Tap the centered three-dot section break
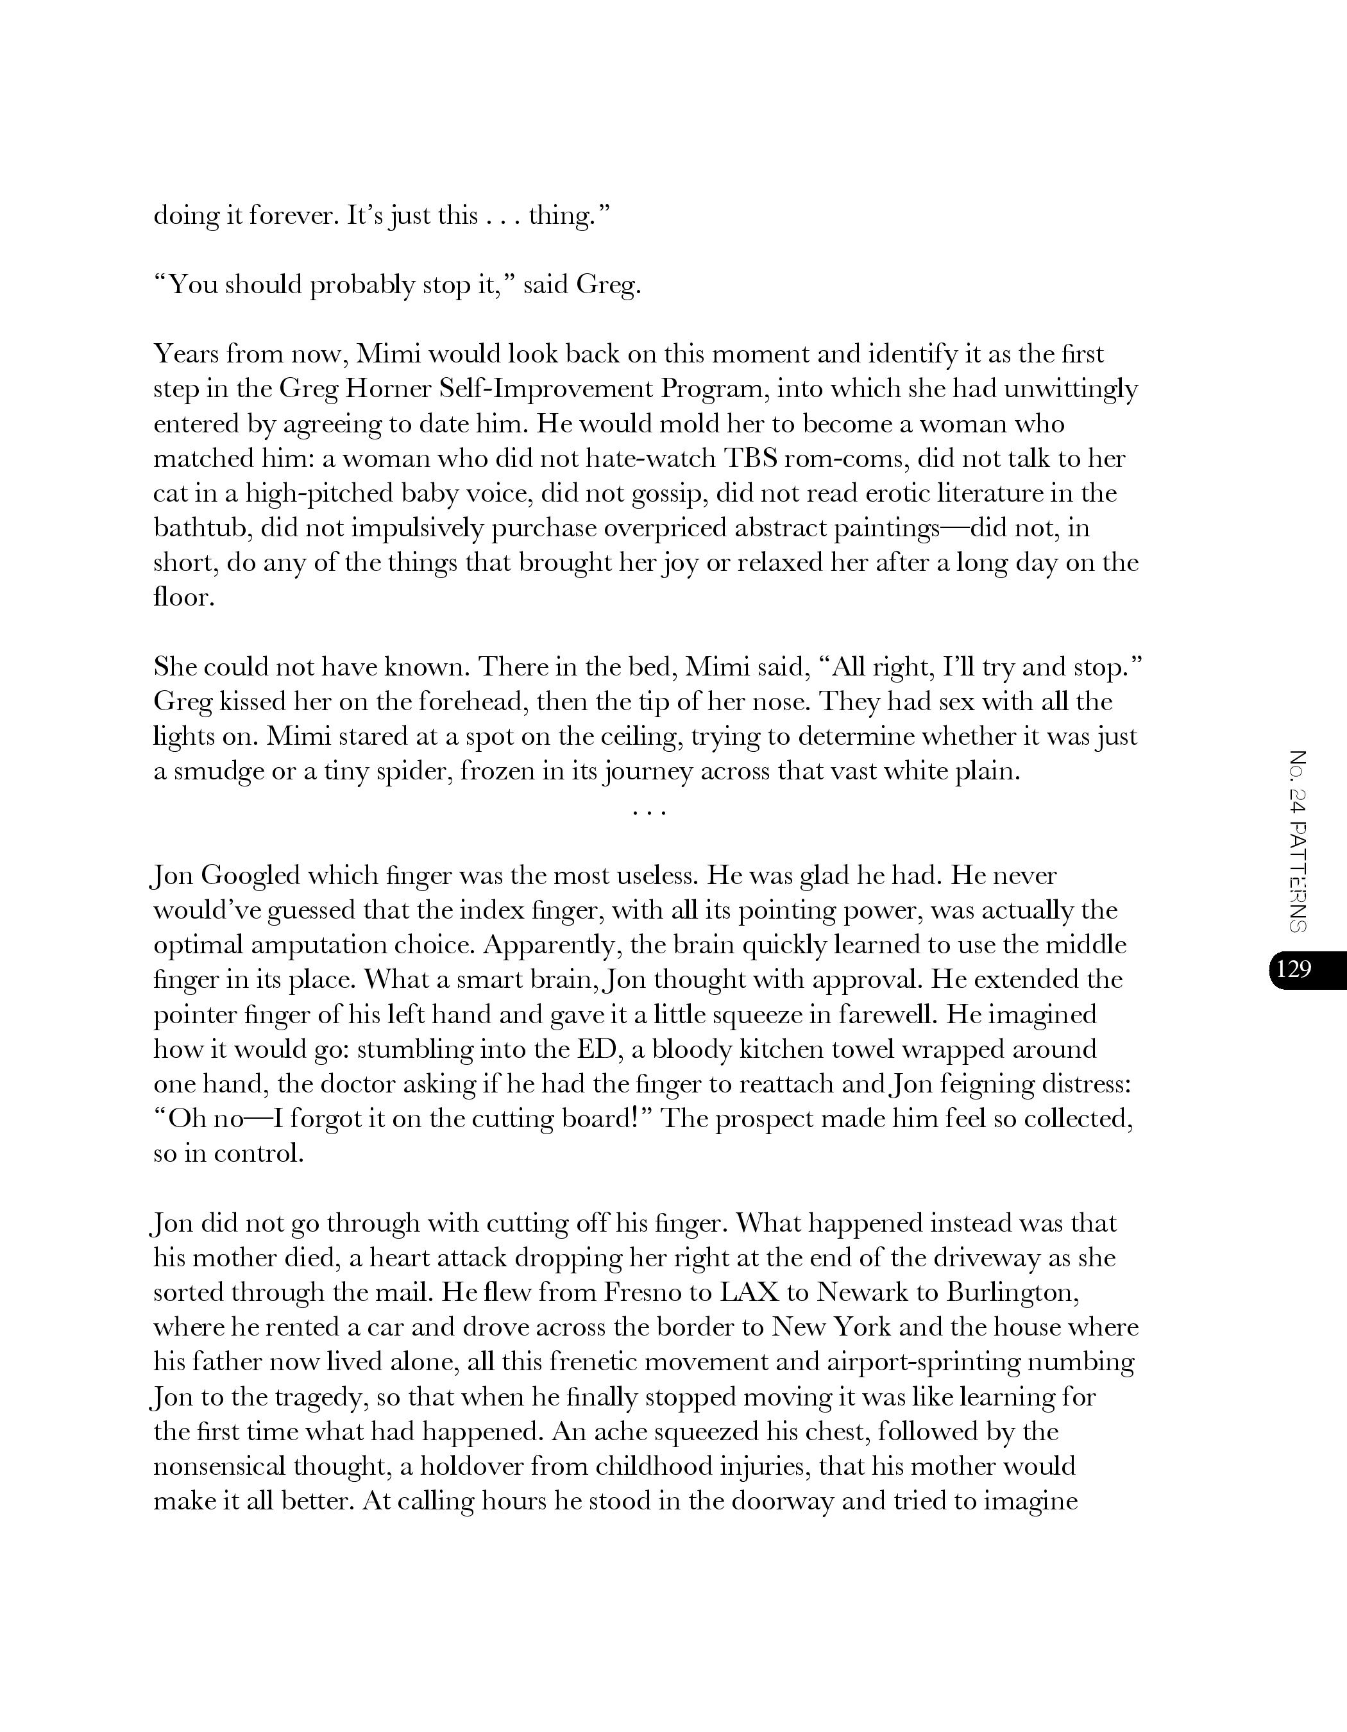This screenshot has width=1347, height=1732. coord(649,812)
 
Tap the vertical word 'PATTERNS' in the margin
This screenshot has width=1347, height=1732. coord(1297,876)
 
